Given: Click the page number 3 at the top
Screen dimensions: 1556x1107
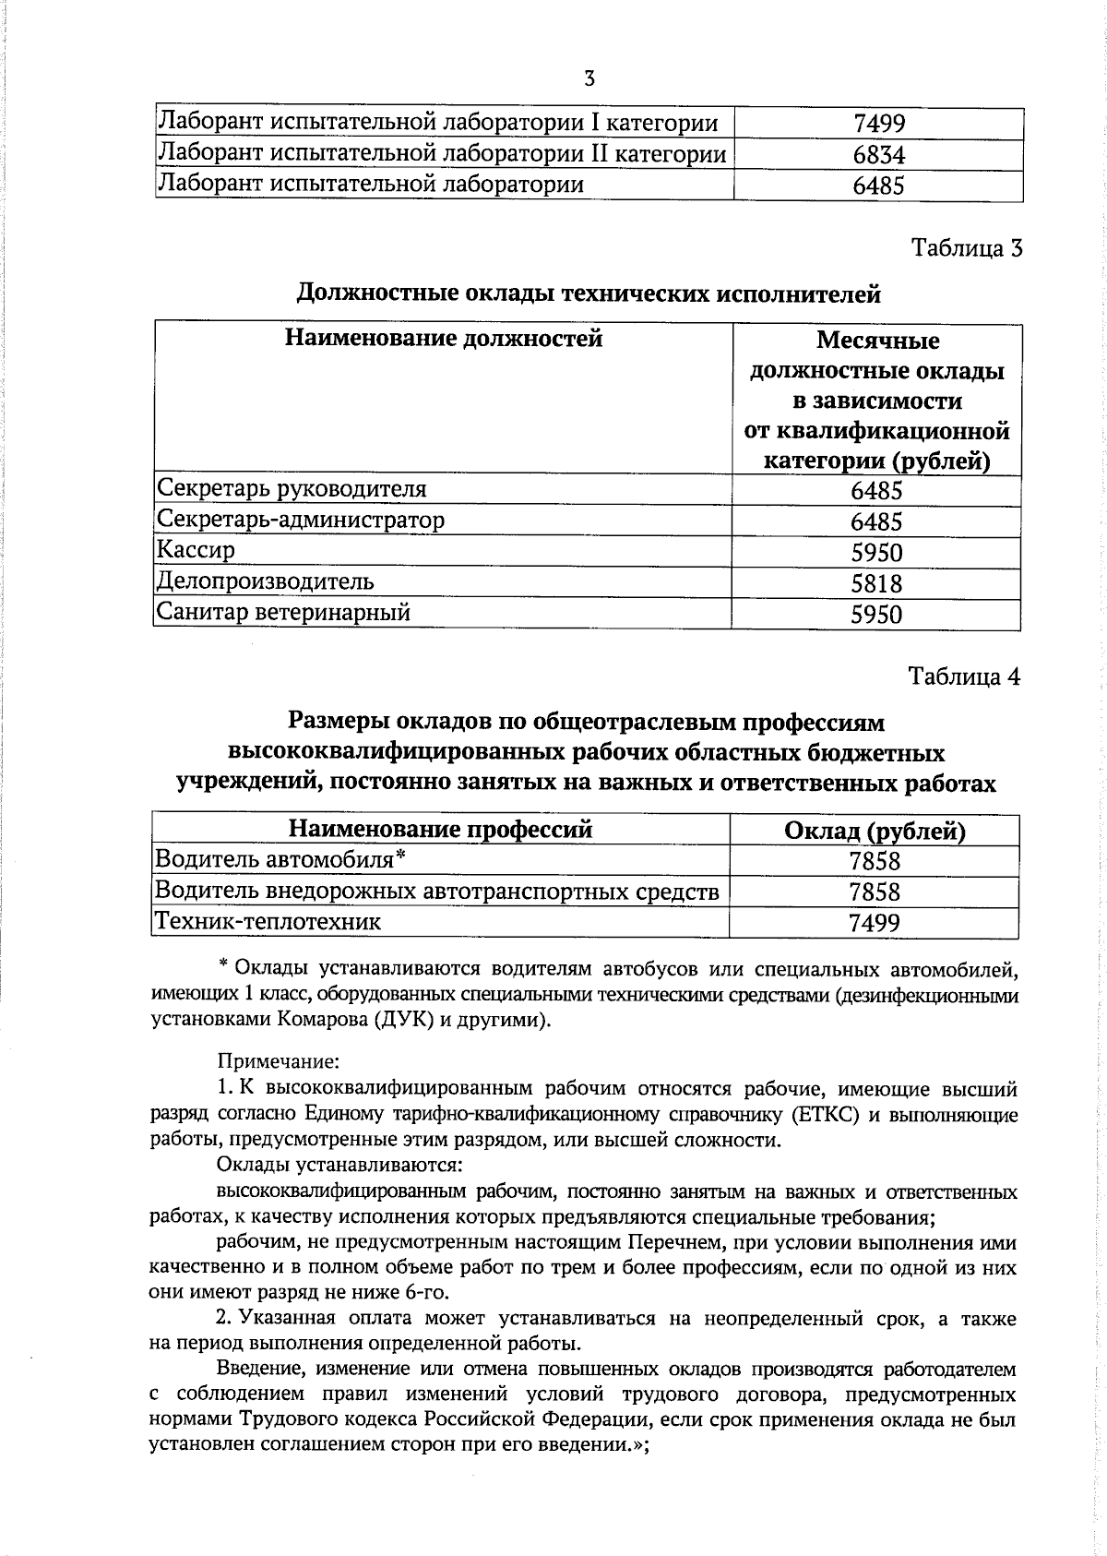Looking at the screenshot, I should pyautogui.click(x=589, y=78).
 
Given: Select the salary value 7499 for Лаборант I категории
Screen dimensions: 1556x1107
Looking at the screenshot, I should pyautogui.click(x=878, y=124).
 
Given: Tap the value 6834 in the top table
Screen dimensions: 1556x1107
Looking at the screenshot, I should pyautogui.click(x=878, y=155).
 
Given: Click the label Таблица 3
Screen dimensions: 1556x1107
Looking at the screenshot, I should pyautogui.click(x=967, y=248).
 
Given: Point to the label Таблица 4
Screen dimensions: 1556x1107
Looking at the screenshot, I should pyautogui.click(x=965, y=676).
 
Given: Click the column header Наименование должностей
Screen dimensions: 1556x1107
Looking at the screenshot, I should pyautogui.click(x=443, y=339).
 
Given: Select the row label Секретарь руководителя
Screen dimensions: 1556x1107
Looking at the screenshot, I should pyautogui.click(x=292, y=488).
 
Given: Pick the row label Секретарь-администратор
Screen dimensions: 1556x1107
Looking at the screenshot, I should pyautogui.click(x=301, y=520).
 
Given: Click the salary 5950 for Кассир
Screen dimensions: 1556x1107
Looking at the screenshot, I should pyautogui.click(x=876, y=553).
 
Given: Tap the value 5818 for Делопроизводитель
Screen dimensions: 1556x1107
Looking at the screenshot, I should pyautogui.click(x=876, y=583).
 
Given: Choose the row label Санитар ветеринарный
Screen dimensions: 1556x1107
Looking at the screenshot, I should pyautogui.click(x=283, y=612).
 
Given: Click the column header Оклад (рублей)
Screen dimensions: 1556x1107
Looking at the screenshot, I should pyautogui.click(x=874, y=832).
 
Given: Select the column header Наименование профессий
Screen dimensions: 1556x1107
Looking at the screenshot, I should pyautogui.click(x=440, y=829).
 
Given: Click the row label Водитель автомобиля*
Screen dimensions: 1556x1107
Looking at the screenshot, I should pyautogui.click(x=280, y=860).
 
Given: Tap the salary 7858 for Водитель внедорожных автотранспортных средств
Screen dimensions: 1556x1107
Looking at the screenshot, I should pyautogui.click(x=874, y=892).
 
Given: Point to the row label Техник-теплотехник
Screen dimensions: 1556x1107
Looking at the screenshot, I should pyautogui.click(x=268, y=921).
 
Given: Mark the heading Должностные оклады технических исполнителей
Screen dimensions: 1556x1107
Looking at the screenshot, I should pyautogui.click(x=588, y=294).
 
